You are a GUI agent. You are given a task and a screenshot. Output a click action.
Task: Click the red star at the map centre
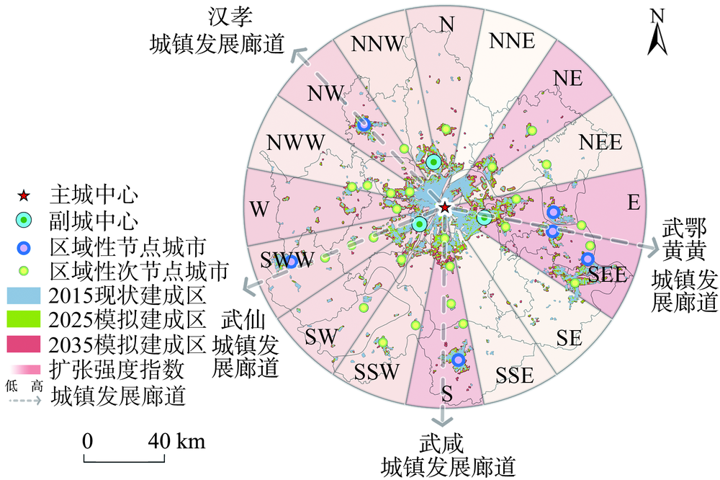click(x=444, y=208)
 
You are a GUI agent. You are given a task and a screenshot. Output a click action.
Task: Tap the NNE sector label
click(x=512, y=41)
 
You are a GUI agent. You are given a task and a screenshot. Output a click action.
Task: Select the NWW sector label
click(x=296, y=143)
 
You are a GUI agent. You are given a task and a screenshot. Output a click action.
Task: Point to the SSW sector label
click(x=377, y=371)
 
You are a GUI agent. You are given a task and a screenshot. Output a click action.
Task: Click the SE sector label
click(x=570, y=339)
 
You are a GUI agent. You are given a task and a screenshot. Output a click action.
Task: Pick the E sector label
click(x=634, y=203)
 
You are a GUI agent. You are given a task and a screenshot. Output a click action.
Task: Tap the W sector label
click(x=259, y=209)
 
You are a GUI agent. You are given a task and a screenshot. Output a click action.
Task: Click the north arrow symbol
click(x=657, y=32)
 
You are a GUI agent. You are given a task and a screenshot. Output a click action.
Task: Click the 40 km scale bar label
click(x=176, y=441)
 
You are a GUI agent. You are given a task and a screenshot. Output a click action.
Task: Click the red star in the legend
click(x=24, y=196)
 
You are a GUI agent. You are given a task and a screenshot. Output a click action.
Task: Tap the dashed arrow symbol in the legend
click(x=24, y=400)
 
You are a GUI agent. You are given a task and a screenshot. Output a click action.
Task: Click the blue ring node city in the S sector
click(x=458, y=360)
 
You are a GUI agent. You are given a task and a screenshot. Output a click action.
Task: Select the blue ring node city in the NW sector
click(x=364, y=124)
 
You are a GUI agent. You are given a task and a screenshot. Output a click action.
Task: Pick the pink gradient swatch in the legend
click(x=26, y=369)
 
